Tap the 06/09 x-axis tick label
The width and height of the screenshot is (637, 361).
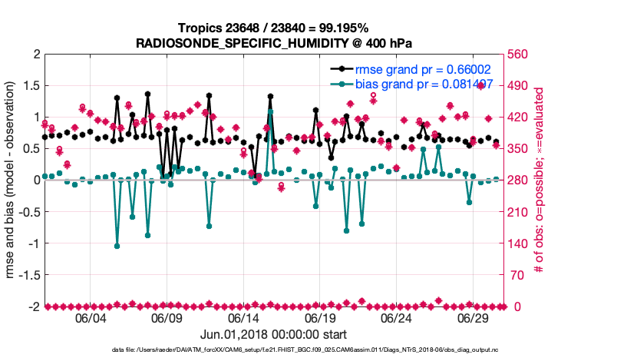167,317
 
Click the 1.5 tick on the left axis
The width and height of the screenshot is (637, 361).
31,86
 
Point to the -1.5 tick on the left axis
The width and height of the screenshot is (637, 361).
29,275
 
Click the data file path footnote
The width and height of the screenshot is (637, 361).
318,350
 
